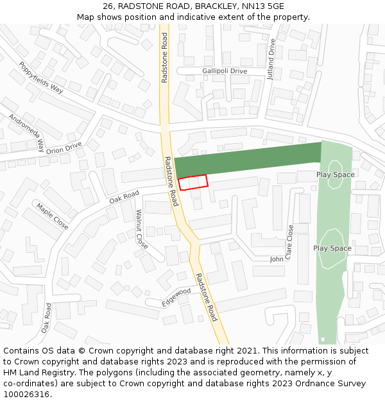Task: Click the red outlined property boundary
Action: point(193,182)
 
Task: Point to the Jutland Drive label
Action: point(271,58)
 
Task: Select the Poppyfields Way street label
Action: point(41,78)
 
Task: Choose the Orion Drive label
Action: point(64,148)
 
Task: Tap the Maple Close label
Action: point(53,216)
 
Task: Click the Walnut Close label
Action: point(141,229)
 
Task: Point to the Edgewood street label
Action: point(176,296)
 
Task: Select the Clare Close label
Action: point(290,242)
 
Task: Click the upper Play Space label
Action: point(335,175)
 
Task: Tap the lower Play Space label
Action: point(332,248)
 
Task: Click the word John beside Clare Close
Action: point(277,259)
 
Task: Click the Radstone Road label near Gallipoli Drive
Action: point(165,57)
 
